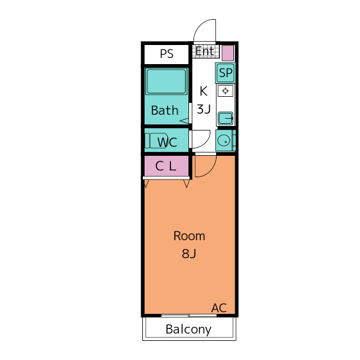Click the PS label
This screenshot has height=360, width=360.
pos(166,54)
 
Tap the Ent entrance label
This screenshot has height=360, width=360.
pos(205,51)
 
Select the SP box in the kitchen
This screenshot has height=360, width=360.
pos(226,73)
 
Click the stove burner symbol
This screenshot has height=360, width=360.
pos(226,91)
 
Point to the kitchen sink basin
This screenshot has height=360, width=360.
pos(226,118)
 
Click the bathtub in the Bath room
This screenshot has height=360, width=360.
pos(166,82)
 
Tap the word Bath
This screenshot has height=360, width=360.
pos(165,110)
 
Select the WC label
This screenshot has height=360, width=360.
pos(167,142)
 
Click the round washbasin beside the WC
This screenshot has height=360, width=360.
pos(224,140)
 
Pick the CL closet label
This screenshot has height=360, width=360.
pos(166,166)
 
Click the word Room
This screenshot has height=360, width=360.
pos(189,236)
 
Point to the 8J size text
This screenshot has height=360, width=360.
pos(189,254)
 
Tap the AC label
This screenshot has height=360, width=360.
pos(219,308)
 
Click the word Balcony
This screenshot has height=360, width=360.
pos(188,330)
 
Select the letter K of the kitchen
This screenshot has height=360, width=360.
pos(204,91)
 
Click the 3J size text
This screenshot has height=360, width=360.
pos(204,109)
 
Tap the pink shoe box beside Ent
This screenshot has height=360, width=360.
pos(228,53)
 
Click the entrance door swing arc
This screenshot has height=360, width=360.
pos(199,26)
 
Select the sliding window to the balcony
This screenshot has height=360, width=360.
pos(189,316)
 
